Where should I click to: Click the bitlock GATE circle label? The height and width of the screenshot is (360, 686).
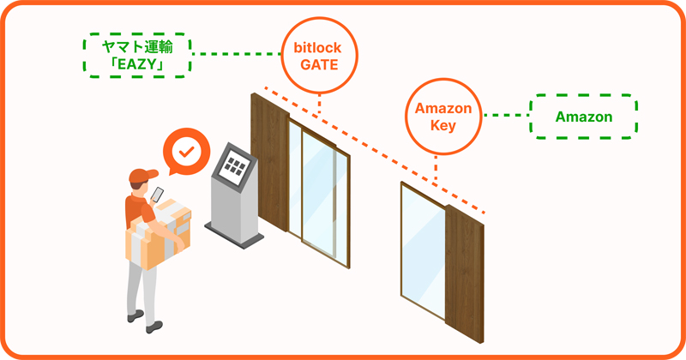(x=319, y=53)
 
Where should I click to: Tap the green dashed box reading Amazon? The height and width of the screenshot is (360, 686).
(x=583, y=117)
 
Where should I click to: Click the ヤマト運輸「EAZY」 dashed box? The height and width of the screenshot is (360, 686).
(x=135, y=53)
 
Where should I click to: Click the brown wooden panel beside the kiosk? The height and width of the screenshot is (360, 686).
(x=268, y=163)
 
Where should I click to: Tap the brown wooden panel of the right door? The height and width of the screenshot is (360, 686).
(x=464, y=266)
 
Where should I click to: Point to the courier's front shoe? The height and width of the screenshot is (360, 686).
(x=154, y=326)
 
